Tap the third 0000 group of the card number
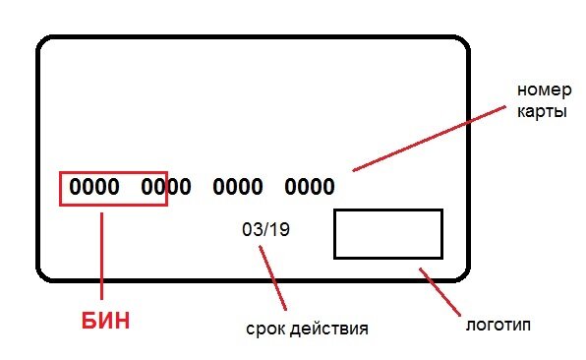(238, 187)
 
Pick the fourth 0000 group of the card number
(310, 187)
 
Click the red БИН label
(104, 321)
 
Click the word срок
(264, 328)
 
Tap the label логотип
(498, 323)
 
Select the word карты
(542, 111)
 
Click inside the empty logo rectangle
(387, 234)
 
